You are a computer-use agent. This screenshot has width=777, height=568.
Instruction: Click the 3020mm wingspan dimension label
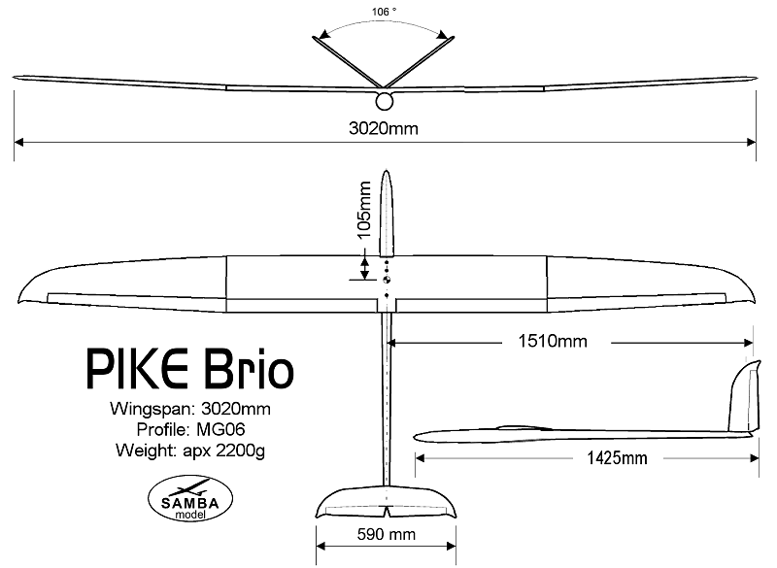384,129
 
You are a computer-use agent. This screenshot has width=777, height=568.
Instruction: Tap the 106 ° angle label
384,12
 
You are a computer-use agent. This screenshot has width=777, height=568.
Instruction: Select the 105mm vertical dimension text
364,210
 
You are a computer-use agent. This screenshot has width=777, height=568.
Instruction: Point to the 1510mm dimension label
553,341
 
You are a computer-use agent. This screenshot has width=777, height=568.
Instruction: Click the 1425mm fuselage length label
618,458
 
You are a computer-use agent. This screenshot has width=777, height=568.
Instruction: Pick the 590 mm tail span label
386,534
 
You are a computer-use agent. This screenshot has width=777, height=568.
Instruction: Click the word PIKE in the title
137,369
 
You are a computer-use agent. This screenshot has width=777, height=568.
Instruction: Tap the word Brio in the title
249,369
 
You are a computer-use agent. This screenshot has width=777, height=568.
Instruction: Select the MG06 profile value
220,429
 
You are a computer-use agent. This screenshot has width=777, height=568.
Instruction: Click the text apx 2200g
223,451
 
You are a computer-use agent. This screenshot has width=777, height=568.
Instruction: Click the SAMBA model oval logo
190,499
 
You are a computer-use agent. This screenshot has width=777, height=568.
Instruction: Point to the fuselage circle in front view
385,102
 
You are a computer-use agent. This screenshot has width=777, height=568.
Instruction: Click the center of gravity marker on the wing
387,280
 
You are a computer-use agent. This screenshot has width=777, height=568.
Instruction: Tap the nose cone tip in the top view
386,171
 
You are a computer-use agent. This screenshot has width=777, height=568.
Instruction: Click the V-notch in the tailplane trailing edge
386,510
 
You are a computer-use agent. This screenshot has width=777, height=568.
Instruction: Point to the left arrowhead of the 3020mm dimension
18,143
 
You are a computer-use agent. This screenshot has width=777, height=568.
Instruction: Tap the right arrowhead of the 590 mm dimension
451,547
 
